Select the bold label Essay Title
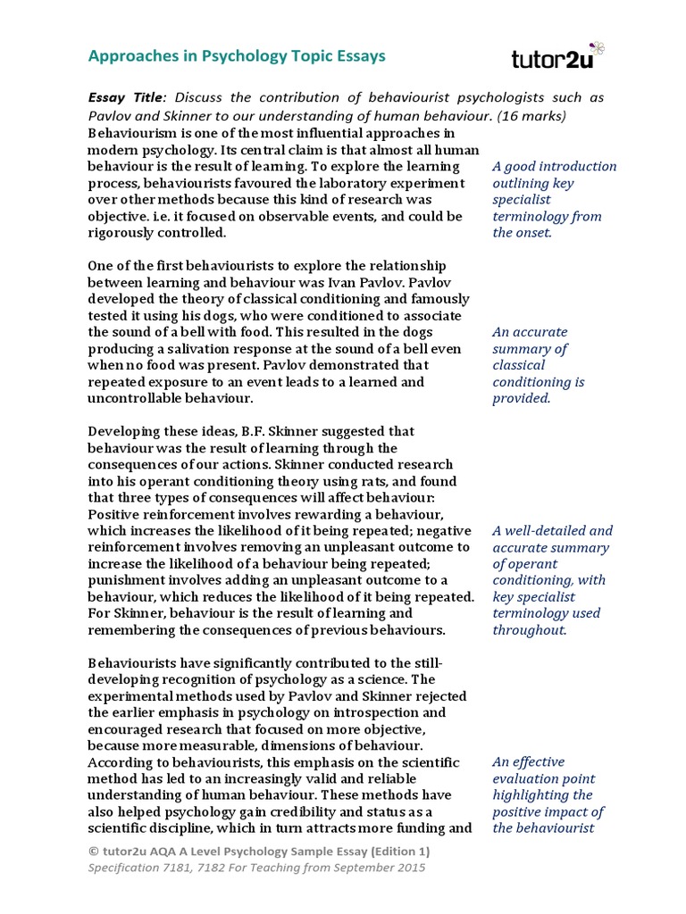coord(126,98)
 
